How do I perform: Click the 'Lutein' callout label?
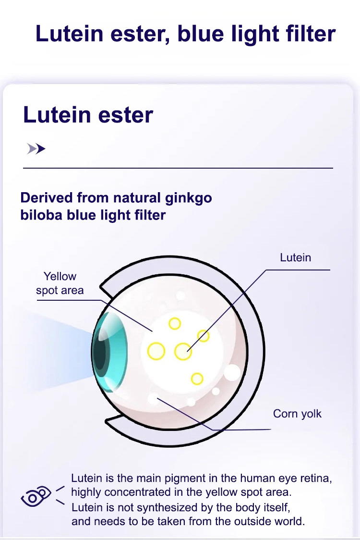coord(295,258)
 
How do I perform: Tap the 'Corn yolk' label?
coord(297,414)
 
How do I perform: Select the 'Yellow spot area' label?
coord(60,283)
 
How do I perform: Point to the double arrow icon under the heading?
coord(36,149)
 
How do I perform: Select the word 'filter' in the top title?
coord(309,34)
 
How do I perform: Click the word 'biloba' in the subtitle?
coord(41,215)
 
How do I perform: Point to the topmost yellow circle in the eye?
coord(175,324)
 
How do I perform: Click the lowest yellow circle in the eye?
coord(197,379)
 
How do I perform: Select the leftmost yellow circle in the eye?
coord(156,351)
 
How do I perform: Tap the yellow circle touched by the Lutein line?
coord(183,351)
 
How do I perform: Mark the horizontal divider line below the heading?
coord(178,168)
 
